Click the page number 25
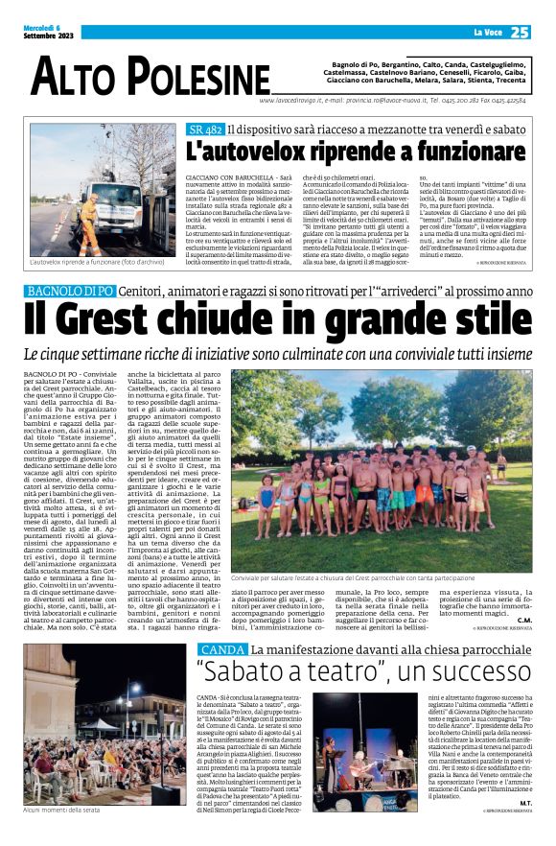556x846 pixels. tap(520, 33)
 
